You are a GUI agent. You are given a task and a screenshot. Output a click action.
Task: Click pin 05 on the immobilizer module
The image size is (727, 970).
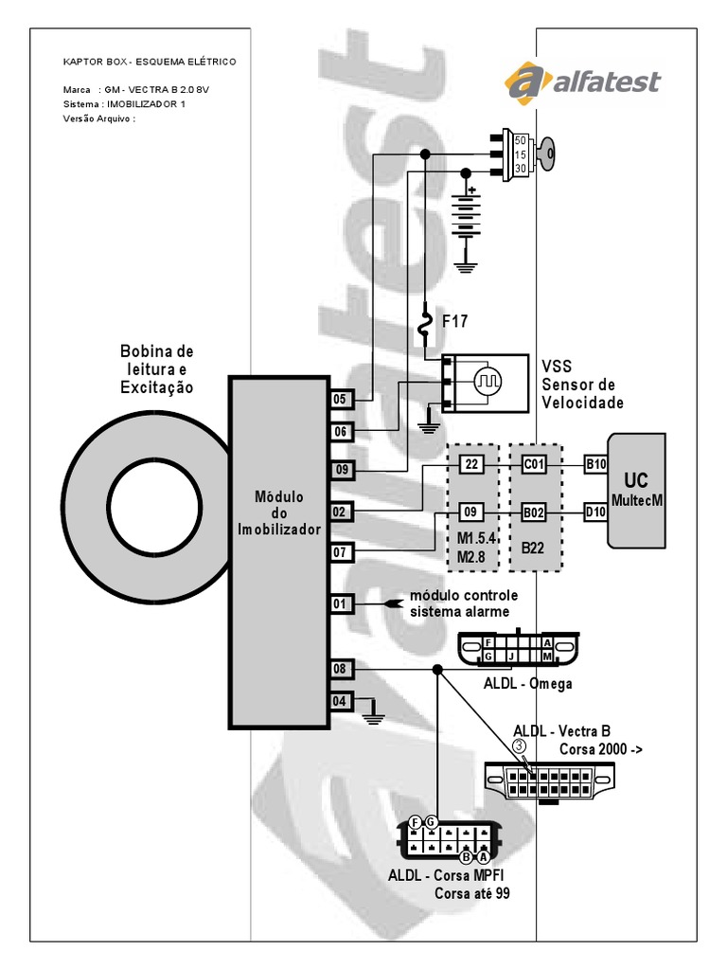340,400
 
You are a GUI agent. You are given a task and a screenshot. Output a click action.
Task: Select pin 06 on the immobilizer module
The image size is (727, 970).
340,432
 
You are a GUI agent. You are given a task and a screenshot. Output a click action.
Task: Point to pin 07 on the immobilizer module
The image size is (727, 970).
340,551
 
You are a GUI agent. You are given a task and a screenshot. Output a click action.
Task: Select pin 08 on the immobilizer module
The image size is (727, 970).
340,670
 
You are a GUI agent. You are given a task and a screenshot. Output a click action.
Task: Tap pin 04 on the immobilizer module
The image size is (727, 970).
340,702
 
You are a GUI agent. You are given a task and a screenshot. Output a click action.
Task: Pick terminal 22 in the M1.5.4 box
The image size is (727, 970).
471,464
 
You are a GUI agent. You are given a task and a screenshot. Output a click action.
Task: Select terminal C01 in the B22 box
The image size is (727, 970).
535,464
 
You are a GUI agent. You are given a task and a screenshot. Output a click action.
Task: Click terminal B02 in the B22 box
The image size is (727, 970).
535,513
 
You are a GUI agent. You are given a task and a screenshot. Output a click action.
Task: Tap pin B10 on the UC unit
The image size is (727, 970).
595,464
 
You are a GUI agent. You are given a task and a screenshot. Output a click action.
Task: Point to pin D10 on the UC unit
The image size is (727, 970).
595,513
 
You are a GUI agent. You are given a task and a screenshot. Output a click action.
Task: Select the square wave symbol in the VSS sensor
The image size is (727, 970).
488,382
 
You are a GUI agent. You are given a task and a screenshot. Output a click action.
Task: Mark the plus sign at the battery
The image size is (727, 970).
471,189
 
